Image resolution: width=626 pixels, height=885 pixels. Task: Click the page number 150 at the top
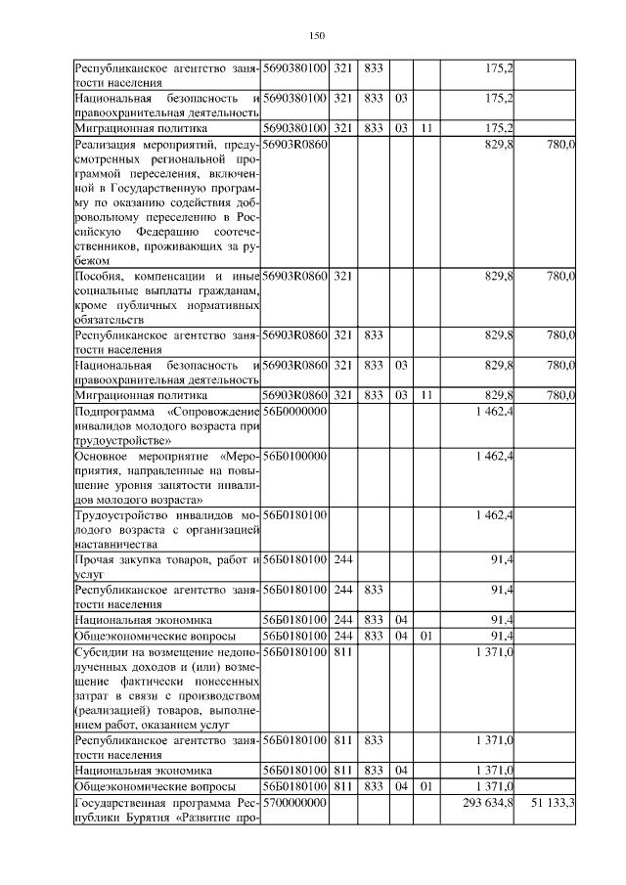click(316, 36)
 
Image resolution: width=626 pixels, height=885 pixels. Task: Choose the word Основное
click(102, 456)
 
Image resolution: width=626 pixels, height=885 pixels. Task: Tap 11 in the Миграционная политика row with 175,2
click(426, 127)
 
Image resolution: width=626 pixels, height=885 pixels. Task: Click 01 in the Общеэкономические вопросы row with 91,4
click(426, 636)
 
